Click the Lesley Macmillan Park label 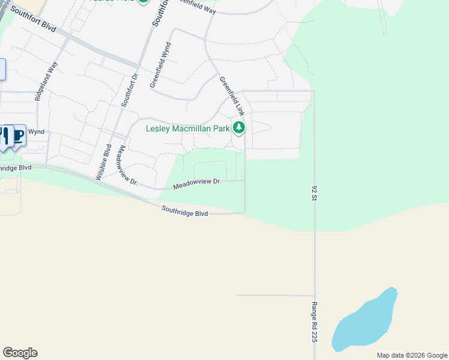click(x=188, y=128)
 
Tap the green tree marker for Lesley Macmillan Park click(x=239, y=127)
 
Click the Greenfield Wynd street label click(x=161, y=66)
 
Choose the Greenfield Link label click(x=232, y=96)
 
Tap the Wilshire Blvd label click(x=104, y=162)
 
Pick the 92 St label click(x=314, y=193)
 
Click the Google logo click(x=20, y=353)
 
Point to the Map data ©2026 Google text click(x=411, y=355)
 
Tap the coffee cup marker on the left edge click(x=18, y=135)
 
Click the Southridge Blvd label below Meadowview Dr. click(x=185, y=211)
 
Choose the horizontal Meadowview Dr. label click(x=197, y=184)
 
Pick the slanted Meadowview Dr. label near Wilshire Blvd click(x=128, y=165)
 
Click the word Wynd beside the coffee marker click(x=37, y=131)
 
